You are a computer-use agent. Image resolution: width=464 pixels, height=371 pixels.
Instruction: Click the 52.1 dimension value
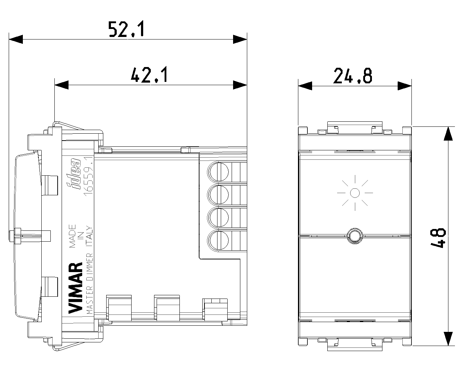(x=126, y=29)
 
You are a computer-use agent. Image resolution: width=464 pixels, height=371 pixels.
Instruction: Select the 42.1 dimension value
(x=149, y=75)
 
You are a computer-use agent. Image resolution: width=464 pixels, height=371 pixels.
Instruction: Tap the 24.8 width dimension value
(x=353, y=76)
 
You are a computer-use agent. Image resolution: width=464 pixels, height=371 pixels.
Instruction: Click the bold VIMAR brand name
(x=75, y=288)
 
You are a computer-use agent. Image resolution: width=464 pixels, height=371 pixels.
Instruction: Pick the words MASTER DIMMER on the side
(x=90, y=284)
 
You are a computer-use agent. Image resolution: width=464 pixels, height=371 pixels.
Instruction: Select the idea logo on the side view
(x=73, y=174)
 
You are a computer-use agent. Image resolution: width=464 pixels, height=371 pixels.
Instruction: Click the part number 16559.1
(x=88, y=176)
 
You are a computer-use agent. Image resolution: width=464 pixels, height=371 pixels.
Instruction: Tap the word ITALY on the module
(x=89, y=236)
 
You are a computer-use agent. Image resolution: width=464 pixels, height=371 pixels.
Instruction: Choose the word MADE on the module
(x=72, y=236)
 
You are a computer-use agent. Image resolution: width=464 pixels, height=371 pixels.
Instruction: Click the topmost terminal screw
(x=218, y=172)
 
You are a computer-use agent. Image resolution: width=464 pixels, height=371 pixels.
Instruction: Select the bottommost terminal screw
(x=218, y=241)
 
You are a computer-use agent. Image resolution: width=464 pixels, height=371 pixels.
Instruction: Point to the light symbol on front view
(x=355, y=193)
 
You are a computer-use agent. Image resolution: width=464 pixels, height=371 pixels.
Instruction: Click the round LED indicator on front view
(x=355, y=236)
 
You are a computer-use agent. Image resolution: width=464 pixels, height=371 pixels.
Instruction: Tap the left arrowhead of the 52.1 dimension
(x=16, y=39)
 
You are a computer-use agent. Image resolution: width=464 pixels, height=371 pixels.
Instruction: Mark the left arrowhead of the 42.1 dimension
(x=62, y=85)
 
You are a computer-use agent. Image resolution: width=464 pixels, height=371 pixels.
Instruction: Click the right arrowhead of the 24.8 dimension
(x=405, y=86)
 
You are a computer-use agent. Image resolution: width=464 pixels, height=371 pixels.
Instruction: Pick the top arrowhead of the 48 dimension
(x=448, y=134)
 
